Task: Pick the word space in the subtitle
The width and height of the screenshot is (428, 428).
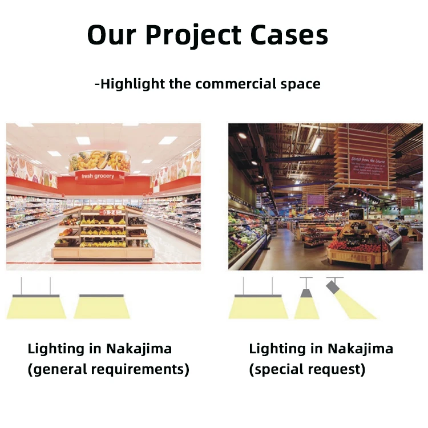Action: [x=300, y=84]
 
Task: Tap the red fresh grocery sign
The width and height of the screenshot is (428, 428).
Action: [x=98, y=176]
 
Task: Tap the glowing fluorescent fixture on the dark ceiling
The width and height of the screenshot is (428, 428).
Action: [x=315, y=143]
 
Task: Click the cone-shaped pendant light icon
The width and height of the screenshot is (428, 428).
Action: [x=306, y=302]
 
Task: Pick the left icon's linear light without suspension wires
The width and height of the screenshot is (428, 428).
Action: [x=102, y=306]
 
